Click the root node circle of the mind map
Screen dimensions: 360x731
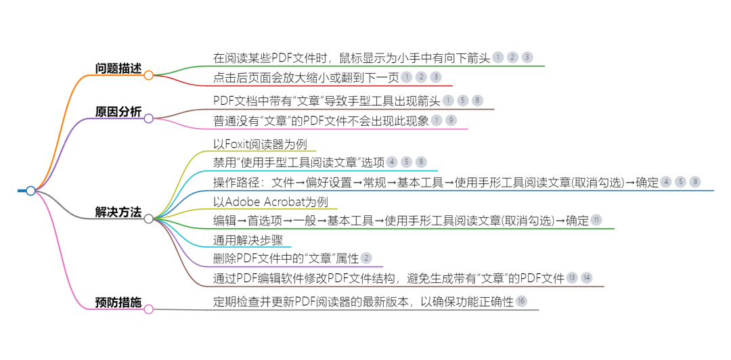[30, 191]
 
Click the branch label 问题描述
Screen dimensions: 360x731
[118, 68]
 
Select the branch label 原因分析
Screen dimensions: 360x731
[118, 112]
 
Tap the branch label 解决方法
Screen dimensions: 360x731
[118, 212]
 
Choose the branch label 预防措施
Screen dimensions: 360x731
[118, 302]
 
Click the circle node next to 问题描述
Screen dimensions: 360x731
[148, 75]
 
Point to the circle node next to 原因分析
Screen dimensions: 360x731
[148, 119]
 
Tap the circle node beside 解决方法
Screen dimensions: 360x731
[148, 219]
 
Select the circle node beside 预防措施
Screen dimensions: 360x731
[148, 309]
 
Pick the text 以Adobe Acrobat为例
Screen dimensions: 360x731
[270, 202]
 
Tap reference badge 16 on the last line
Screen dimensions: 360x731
[521, 301]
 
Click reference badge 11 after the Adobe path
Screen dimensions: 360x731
[596, 220]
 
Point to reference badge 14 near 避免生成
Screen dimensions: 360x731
[586, 277]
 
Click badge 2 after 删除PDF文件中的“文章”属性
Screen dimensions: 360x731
[366, 258]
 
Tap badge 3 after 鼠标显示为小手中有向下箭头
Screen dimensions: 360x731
[527, 58]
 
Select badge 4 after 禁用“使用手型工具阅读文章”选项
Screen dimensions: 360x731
[392, 162]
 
